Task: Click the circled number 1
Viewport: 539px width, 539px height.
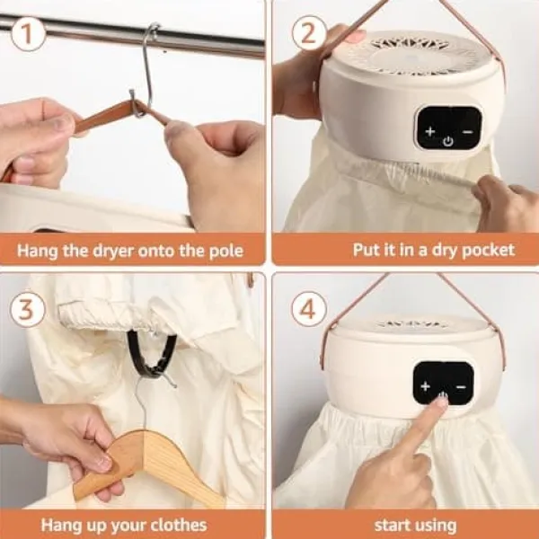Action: (28, 34)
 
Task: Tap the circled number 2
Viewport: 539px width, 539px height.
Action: (309, 33)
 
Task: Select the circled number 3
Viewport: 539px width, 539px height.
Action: (27, 309)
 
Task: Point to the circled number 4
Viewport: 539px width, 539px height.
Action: (308, 308)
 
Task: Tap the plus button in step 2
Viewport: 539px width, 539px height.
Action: (430, 131)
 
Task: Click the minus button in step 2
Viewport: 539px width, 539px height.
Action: (467, 132)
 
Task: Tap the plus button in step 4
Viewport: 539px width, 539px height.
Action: (426, 386)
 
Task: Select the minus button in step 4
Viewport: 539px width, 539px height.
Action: (461, 387)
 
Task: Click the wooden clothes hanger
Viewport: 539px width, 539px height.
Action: (145, 464)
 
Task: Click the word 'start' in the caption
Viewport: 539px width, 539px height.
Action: (388, 526)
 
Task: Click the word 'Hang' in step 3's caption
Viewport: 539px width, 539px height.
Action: (57, 526)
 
